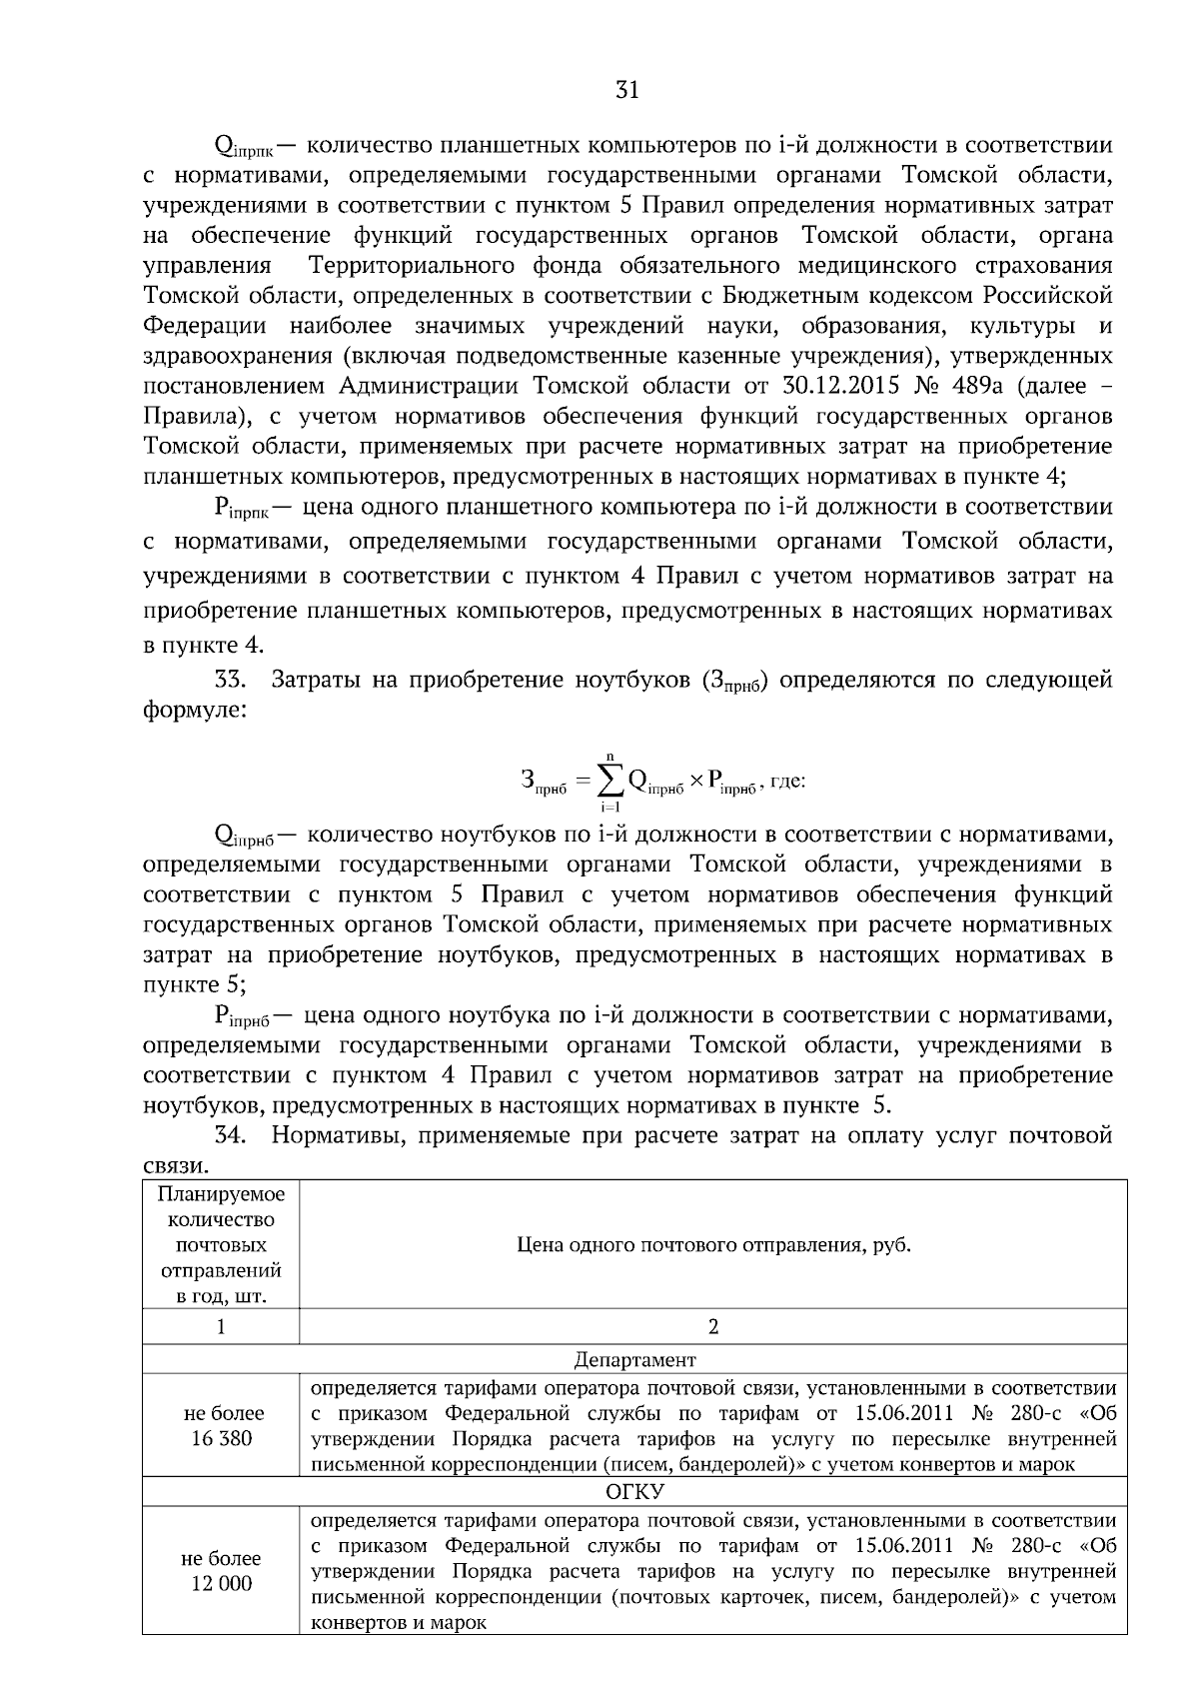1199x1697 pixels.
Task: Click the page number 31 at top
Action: point(626,91)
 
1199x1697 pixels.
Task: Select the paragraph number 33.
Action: point(231,681)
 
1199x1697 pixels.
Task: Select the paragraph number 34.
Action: point(231,1135)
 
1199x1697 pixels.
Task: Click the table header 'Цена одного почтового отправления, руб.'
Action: point(713,1245)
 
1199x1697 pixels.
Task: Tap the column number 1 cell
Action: point(221,1327)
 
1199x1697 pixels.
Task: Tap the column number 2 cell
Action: point(713,1327)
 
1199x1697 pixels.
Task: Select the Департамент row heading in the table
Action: point(634,1359)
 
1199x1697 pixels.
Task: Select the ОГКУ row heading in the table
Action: point(634,1492)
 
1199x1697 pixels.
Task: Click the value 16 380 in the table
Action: point(221,1438)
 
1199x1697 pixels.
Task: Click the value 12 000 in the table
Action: point(221,1583)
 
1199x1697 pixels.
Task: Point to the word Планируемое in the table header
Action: point(221,1194)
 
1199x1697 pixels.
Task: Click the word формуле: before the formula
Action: point(192,711)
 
